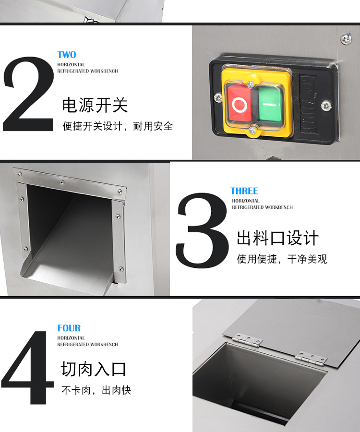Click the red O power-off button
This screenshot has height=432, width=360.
click(238, 104)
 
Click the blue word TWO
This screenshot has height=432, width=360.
click(67, 55)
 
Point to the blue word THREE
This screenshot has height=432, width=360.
click(244, 191)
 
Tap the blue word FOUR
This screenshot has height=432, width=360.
click(69, 328)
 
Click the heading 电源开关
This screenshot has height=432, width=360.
click(95, 105)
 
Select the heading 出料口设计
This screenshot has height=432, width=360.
click(277, 238)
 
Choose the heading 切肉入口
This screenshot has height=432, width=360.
click(94, 369)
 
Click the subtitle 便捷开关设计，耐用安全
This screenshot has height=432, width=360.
click(118, 126)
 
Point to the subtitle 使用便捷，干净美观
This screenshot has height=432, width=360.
click(282, 259)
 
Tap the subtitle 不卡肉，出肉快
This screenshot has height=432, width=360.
click(96, 390)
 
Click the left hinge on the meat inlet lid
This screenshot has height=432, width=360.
click(248, 341)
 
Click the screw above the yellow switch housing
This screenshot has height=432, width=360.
click(250, 84)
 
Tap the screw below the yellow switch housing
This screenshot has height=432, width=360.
click(252, 130)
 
